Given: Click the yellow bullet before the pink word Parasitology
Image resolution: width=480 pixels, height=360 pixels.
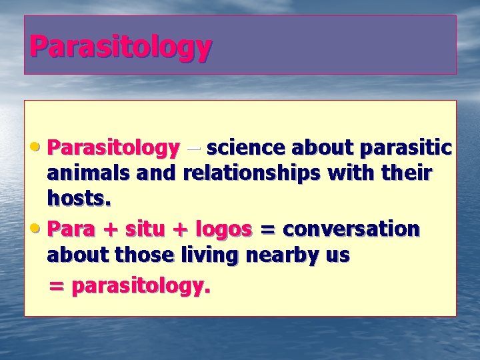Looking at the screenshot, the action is pos(35,147).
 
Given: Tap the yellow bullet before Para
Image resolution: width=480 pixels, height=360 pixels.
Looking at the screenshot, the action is pos(35,229).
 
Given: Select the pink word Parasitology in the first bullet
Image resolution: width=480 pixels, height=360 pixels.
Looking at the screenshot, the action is pos(113,149).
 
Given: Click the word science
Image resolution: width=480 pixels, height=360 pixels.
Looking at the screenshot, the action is pos(246,147).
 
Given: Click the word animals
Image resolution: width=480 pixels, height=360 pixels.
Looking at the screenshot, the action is pos(88,173).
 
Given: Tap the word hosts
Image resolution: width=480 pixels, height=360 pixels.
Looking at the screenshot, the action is pos(79,198).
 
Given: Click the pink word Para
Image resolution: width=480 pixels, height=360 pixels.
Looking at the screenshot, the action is pos(71,229).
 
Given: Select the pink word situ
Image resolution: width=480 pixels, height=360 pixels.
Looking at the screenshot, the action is pos(145,229).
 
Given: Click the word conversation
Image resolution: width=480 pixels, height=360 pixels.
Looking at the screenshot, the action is pos(351,229).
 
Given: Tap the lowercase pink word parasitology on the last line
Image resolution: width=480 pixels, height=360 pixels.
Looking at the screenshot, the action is pos(141,287).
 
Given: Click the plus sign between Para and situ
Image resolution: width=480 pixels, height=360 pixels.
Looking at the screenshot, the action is pos(111,229).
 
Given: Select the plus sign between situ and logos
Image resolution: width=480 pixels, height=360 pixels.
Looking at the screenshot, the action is pos(180,229).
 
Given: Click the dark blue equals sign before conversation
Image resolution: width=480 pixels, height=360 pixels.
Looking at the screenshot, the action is pos(267,229).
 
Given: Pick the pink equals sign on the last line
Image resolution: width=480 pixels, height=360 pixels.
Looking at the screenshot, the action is pos(57,286).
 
